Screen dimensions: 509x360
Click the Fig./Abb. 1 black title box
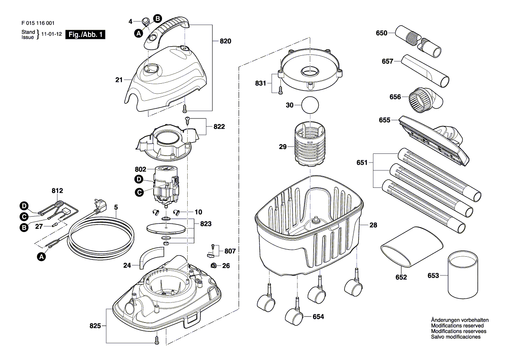(85, 34)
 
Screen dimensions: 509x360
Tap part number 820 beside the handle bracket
(225, 41)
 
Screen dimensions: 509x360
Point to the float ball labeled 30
(310, 105)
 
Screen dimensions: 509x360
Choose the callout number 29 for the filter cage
(283, 147)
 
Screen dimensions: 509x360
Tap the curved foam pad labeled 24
(152, 257)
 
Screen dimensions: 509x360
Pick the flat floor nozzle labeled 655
(434, 140)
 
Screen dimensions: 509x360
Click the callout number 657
(387, 61)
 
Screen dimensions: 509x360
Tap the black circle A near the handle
(138, 33)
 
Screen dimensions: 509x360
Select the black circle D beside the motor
(138, 180)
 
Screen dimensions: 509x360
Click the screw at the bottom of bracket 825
(157, 340)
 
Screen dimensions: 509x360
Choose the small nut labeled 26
(214, 266)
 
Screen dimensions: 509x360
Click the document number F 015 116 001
(38, 23)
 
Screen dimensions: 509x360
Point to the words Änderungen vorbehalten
(460, 320)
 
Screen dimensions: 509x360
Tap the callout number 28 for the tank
(373, 225)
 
